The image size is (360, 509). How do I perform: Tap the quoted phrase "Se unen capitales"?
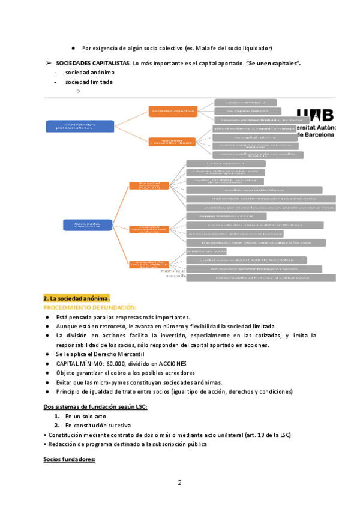[274, 62]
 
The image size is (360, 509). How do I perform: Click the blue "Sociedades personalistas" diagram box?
[71, 125]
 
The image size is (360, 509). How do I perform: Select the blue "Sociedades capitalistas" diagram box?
[88, 224]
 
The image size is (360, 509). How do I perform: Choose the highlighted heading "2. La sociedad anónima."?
[76, 298]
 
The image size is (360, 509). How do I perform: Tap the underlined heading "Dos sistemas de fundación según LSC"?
[95, 406]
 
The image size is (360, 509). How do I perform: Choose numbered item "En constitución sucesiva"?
[100, 425]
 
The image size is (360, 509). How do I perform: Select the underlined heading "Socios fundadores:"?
[70, 459]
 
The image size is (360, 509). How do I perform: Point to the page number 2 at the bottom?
[179, 483]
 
